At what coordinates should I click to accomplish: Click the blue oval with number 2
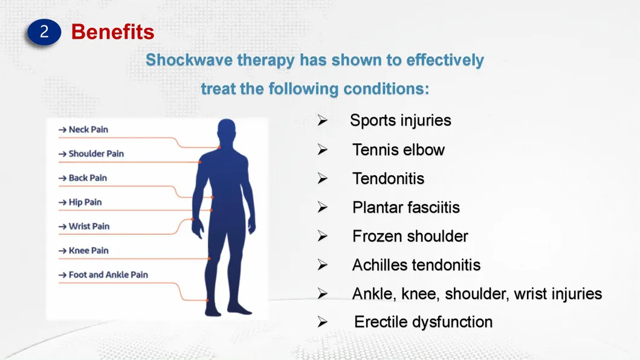coord(44,32)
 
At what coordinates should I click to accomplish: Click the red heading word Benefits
coord(112,32)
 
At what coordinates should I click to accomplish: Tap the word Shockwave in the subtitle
coord(189,60)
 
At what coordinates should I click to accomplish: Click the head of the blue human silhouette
coord(227,132)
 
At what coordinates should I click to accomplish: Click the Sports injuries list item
coord(401,120)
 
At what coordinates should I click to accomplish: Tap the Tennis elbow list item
coord(398,150)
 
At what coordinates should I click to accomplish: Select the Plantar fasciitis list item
coord(406,207)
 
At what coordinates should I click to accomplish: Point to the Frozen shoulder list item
coord(410,236)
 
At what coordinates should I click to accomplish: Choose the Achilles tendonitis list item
coord(416,265)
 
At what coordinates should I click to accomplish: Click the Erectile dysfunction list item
coord(423,322)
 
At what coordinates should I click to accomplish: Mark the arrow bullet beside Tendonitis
coord(323,178)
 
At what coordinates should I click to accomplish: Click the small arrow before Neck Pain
coord(62,130)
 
